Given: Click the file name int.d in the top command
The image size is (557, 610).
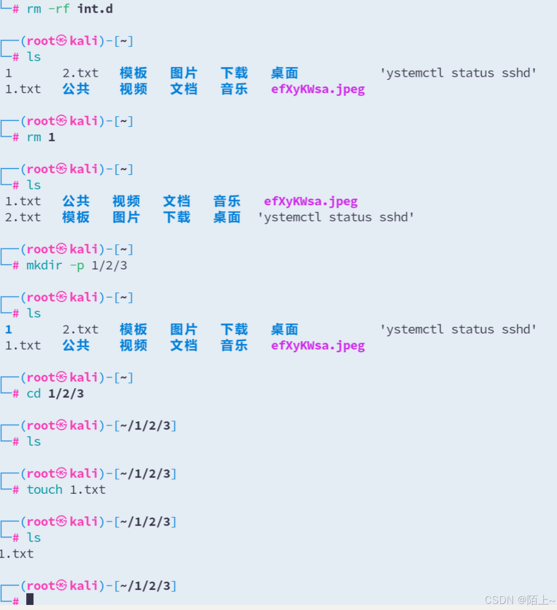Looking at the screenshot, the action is point(95,9).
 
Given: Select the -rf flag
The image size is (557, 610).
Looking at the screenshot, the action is point(59,9).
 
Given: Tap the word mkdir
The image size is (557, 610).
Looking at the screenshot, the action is point(44,265).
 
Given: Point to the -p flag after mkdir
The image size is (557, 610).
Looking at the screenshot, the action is point(77,265).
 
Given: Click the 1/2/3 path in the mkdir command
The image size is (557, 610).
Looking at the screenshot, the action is point(109,265).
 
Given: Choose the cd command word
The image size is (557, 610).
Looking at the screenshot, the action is point(33,394).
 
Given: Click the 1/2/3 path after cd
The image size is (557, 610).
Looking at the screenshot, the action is point(66,394).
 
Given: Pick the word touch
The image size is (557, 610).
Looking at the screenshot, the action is point(45,490).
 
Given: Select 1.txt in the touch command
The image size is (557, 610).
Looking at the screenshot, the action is point(88,490).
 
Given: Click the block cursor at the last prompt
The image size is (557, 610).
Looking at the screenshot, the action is point(30,599).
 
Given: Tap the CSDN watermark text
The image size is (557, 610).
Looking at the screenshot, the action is point(519,600).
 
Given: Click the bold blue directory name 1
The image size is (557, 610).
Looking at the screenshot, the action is point(9,330).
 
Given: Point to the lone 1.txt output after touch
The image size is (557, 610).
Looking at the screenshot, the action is point(17,554).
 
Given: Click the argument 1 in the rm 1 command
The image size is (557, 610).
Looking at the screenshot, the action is point(52,137).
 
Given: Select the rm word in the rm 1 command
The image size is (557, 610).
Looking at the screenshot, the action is point(34,137).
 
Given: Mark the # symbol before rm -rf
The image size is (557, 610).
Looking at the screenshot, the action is point(16,9).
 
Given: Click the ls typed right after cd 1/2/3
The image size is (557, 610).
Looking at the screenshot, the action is point(34,442).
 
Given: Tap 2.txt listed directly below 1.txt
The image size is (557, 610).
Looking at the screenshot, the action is point(23,217).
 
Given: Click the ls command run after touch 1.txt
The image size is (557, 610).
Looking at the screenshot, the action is point(34,538).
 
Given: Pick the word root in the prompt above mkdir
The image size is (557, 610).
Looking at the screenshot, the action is point(40,249).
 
